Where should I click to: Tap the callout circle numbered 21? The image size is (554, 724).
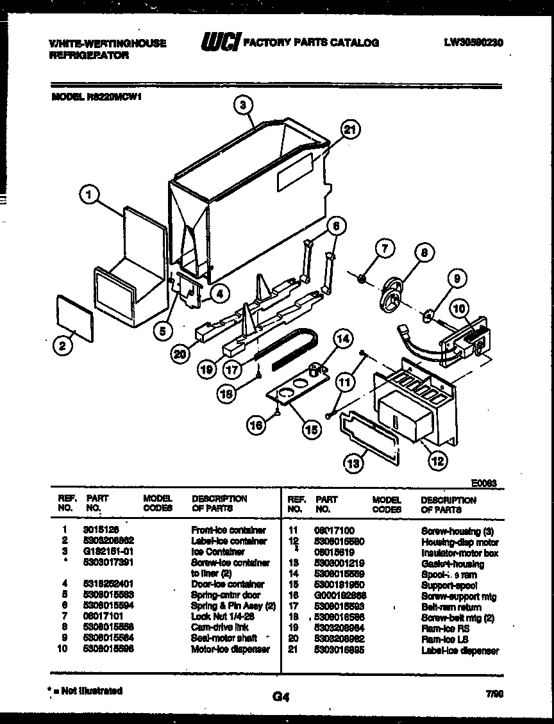(x=348, y=130)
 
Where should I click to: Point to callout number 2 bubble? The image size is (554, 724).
(x=62, y=347)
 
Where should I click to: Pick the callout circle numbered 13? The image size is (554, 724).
(x=351, y=463)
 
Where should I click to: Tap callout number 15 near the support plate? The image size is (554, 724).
(x=312, y=430)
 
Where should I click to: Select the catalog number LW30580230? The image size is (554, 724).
(x=473, y=43)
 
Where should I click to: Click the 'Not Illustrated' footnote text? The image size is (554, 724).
(x=87, y=691)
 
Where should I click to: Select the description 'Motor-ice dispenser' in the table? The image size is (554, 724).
(x=230, y=649)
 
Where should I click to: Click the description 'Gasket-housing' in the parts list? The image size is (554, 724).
(x=452, y=564)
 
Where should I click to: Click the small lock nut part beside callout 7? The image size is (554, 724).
(x=362, y=277)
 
